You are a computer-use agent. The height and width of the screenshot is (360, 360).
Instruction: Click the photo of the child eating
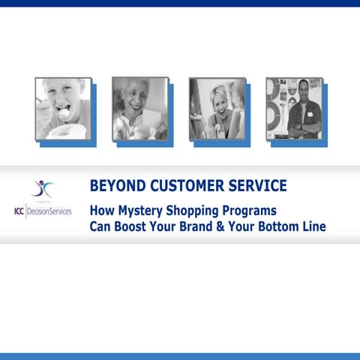(63, 108)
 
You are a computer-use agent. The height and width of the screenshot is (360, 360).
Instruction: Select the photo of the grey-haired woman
(139, 108)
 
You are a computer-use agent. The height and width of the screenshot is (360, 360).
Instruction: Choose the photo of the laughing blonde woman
(217, 108)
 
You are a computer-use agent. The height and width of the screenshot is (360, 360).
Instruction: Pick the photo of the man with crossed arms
(293, 108)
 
